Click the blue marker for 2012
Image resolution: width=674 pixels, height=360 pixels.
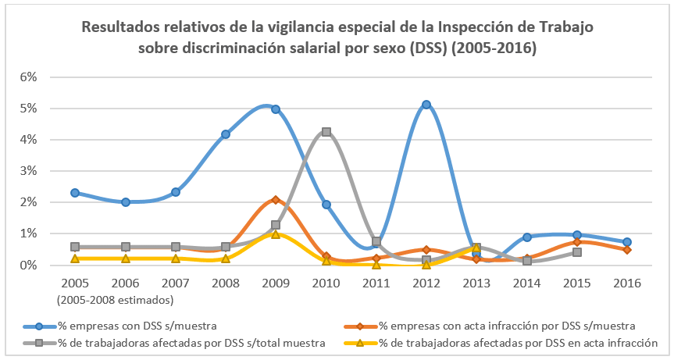click(x=426, y=105)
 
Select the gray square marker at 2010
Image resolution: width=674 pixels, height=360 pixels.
click(x=326, y=132)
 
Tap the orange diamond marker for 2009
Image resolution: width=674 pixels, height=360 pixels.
click(x=276, y=200)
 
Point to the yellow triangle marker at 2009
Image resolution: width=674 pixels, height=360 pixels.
click(x=276, y=233)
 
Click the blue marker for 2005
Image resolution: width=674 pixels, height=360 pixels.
click(x=75, y=192)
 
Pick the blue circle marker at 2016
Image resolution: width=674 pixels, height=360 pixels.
click(x=627, y=242)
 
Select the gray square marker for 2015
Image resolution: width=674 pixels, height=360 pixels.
click(x=577, y=252)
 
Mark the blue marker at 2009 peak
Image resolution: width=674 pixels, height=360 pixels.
click(x=276, y=109)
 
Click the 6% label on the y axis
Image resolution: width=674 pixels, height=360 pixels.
click(x=29, y=77)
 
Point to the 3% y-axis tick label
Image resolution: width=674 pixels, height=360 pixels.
click(x=29, y=171)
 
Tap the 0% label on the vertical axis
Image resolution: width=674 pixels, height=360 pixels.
click(x=29, y=266)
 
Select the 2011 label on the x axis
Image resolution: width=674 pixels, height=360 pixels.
click(x=376, y=283)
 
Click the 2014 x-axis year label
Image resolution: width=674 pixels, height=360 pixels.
click(x=526, y=283)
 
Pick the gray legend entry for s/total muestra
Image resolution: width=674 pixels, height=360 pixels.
click(x=175, y=342)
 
